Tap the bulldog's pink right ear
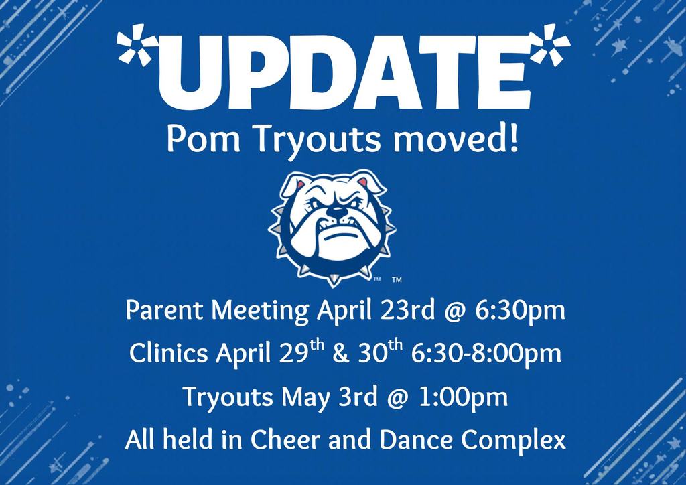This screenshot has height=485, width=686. click(363, 181)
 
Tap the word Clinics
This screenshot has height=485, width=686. click(168, 353)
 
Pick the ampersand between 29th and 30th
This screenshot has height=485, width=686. click(340, 353)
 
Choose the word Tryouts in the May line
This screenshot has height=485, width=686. click(228, 397)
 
